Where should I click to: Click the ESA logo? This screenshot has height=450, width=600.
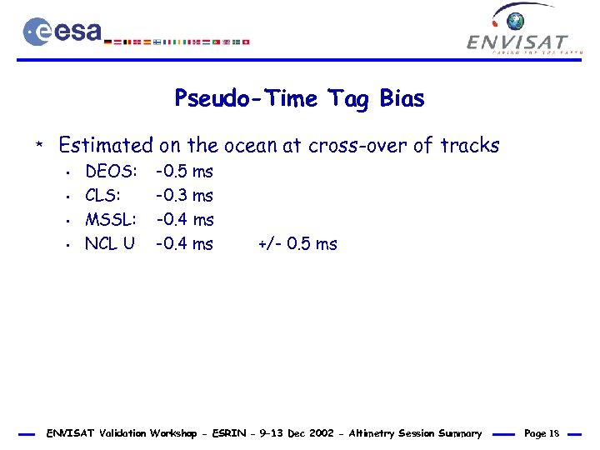62,32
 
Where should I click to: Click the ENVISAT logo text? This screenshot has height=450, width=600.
517,42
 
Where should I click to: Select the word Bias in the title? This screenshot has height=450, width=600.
402,99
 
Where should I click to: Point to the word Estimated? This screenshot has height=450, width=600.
106,146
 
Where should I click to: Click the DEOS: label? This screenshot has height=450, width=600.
112,172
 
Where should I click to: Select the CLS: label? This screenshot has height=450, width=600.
103,197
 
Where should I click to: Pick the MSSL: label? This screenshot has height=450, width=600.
111,220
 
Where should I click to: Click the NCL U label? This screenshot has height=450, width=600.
109,244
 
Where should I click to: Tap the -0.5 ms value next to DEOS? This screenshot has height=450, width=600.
185,172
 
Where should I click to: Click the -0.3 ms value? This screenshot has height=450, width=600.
185,197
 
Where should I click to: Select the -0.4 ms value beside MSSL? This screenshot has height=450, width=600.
185,220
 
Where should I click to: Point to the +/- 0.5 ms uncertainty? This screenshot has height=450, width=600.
297,244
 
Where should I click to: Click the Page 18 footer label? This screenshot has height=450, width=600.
541,433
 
